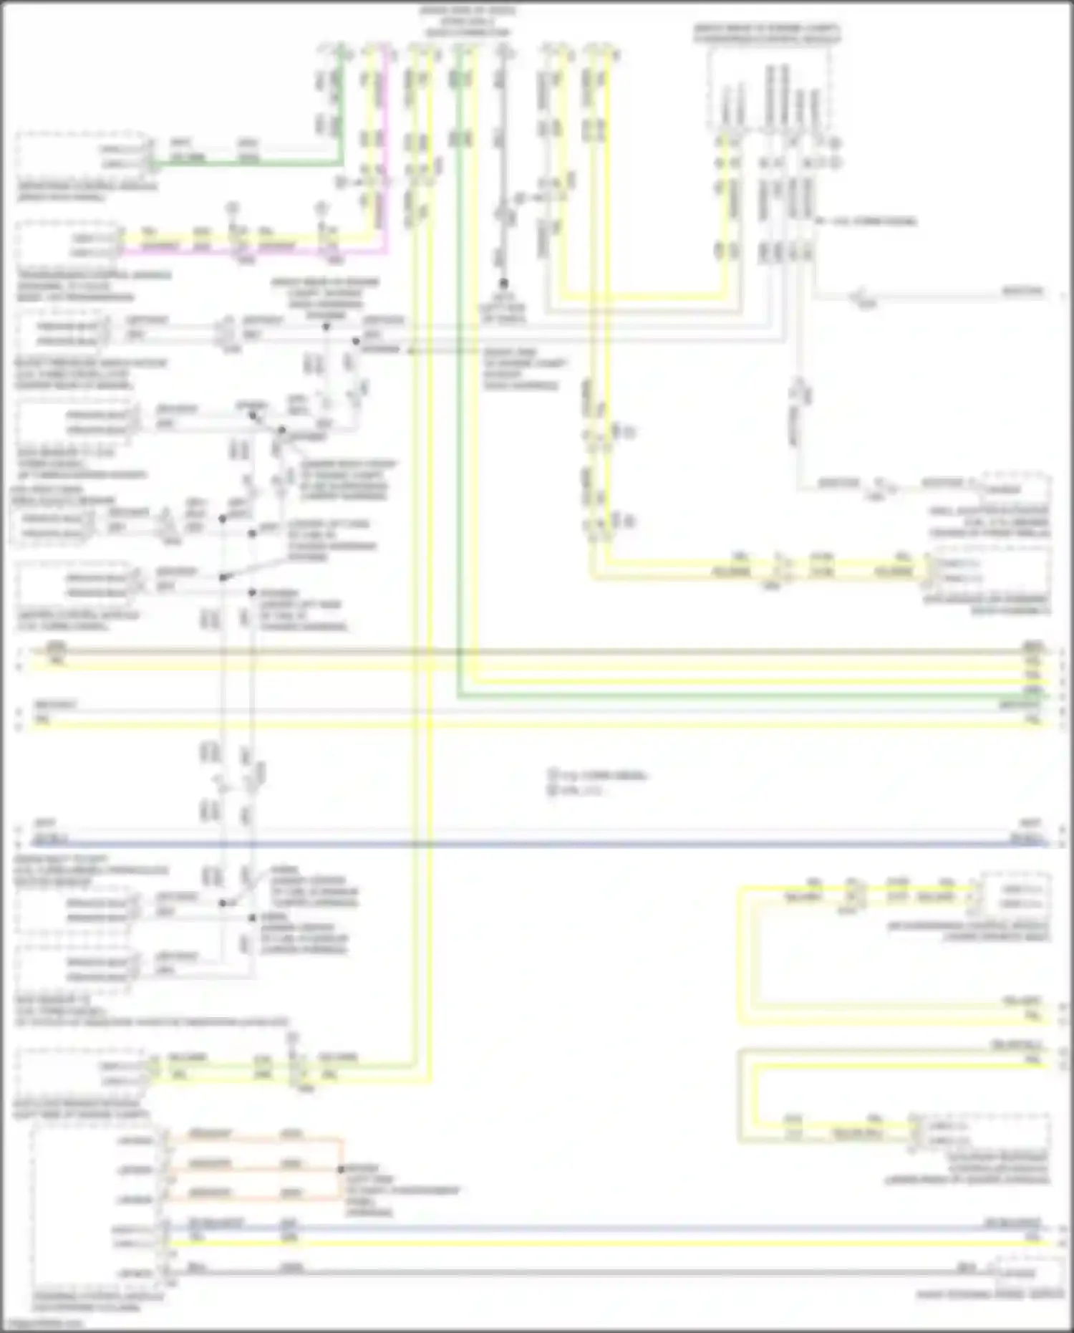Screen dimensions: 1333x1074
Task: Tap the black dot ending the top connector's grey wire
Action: click(503, 284)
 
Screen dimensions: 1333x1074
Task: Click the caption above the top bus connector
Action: click(468, 21)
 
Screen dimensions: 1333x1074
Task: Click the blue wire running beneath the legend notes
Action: click(537, 843)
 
